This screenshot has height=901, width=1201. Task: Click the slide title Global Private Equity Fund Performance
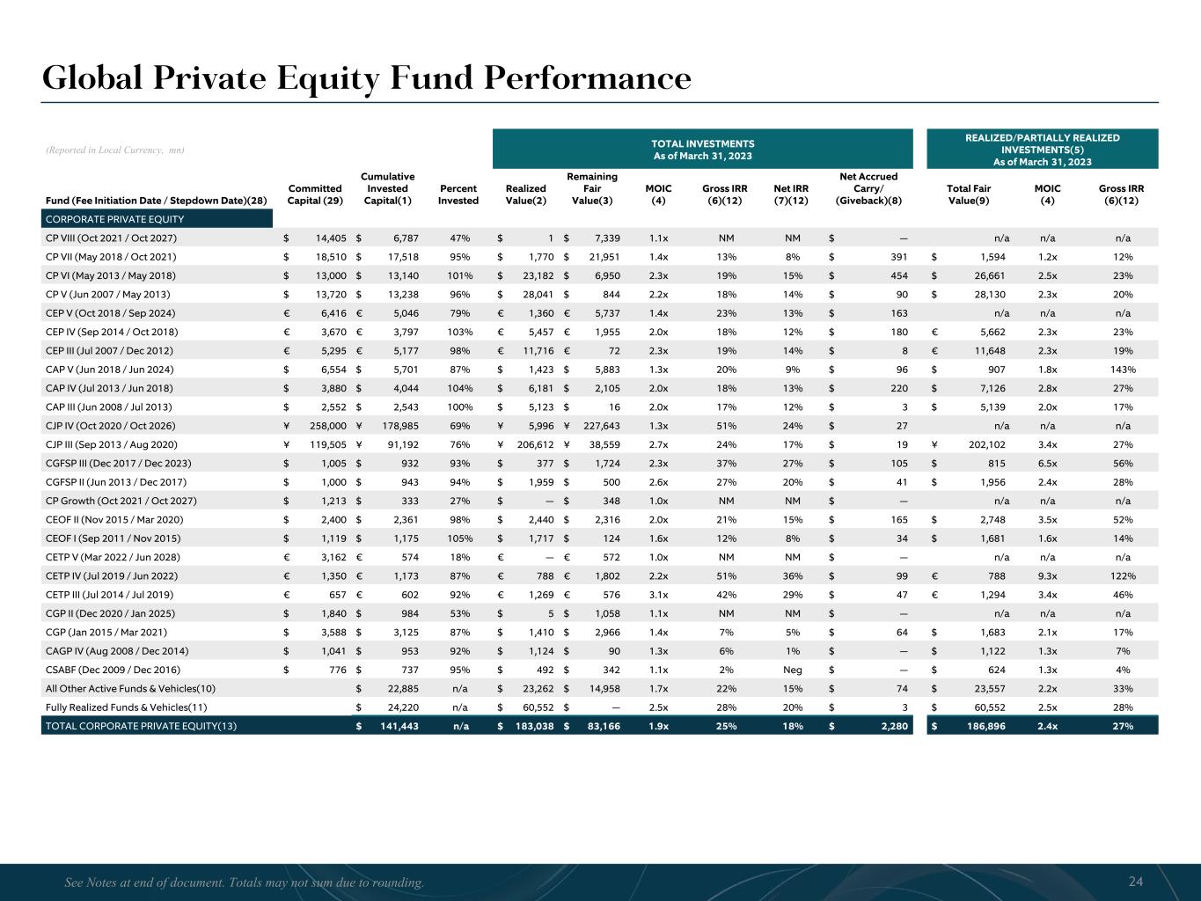coord(367,78)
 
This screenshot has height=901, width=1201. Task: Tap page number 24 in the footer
coord(1135,882)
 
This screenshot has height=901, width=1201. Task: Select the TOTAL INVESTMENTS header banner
coord(702,150)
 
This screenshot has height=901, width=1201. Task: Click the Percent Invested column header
coord(458,194)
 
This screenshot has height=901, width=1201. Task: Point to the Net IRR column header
coord(790,194)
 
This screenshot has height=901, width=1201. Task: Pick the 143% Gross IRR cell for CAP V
coord(1120,370)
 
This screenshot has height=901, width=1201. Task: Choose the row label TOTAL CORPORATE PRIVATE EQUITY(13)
coord(141,727)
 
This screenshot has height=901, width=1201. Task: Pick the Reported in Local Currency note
coord(114,150)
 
